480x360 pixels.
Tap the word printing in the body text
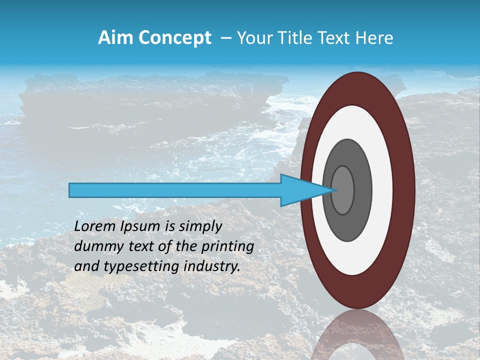pos(227,246)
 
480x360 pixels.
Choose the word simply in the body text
pos(199,226)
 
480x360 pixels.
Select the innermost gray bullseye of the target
pos(343,190)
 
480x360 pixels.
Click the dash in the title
pos(226,38)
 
